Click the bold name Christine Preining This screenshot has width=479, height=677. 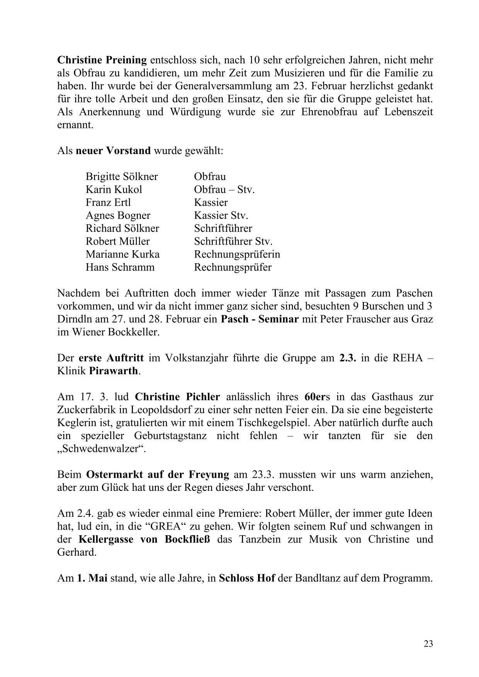point(102,60)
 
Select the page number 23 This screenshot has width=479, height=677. point(428,644)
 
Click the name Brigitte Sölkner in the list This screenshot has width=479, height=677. point(122,177)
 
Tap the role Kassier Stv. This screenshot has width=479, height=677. point(221,215)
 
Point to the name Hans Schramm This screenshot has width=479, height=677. point(120,267)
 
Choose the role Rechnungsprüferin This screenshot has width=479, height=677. point(237,255)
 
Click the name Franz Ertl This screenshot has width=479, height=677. point(108,203)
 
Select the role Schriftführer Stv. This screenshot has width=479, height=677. point(233,241)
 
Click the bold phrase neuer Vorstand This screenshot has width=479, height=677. point(113,151)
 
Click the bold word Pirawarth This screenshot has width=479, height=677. point(113,371)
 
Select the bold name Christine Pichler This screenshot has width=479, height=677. point(177,397)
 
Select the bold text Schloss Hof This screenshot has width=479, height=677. point(246,579)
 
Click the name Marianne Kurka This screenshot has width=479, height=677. point(122,255)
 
